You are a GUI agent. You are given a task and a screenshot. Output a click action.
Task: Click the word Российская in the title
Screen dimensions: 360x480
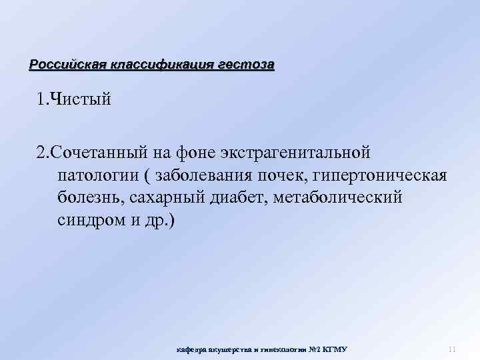64,65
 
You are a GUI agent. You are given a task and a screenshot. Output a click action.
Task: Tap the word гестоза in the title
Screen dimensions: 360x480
245,65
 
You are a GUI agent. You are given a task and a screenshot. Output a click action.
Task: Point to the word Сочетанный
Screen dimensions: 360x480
101,153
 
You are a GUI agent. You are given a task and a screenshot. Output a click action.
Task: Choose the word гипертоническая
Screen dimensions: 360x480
377,175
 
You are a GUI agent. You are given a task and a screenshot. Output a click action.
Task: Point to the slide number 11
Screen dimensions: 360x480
451,349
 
